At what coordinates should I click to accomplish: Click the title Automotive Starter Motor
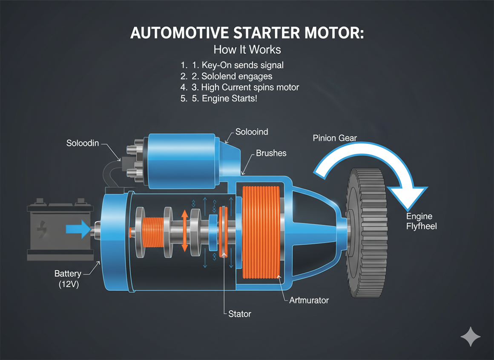coord(247,34)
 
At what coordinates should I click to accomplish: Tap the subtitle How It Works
coord(247,49)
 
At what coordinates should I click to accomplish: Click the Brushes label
coord(271,153)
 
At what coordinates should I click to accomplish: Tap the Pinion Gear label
coord(335,138)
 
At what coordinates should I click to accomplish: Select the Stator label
coord(240,314)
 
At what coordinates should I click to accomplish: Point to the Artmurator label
coord(309,300)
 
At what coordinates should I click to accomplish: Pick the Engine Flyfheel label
coord(421,221)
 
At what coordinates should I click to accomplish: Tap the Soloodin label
coord(83,143)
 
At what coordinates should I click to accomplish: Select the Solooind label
coord(252,132)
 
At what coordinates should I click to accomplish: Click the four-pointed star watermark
coord(471,337)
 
